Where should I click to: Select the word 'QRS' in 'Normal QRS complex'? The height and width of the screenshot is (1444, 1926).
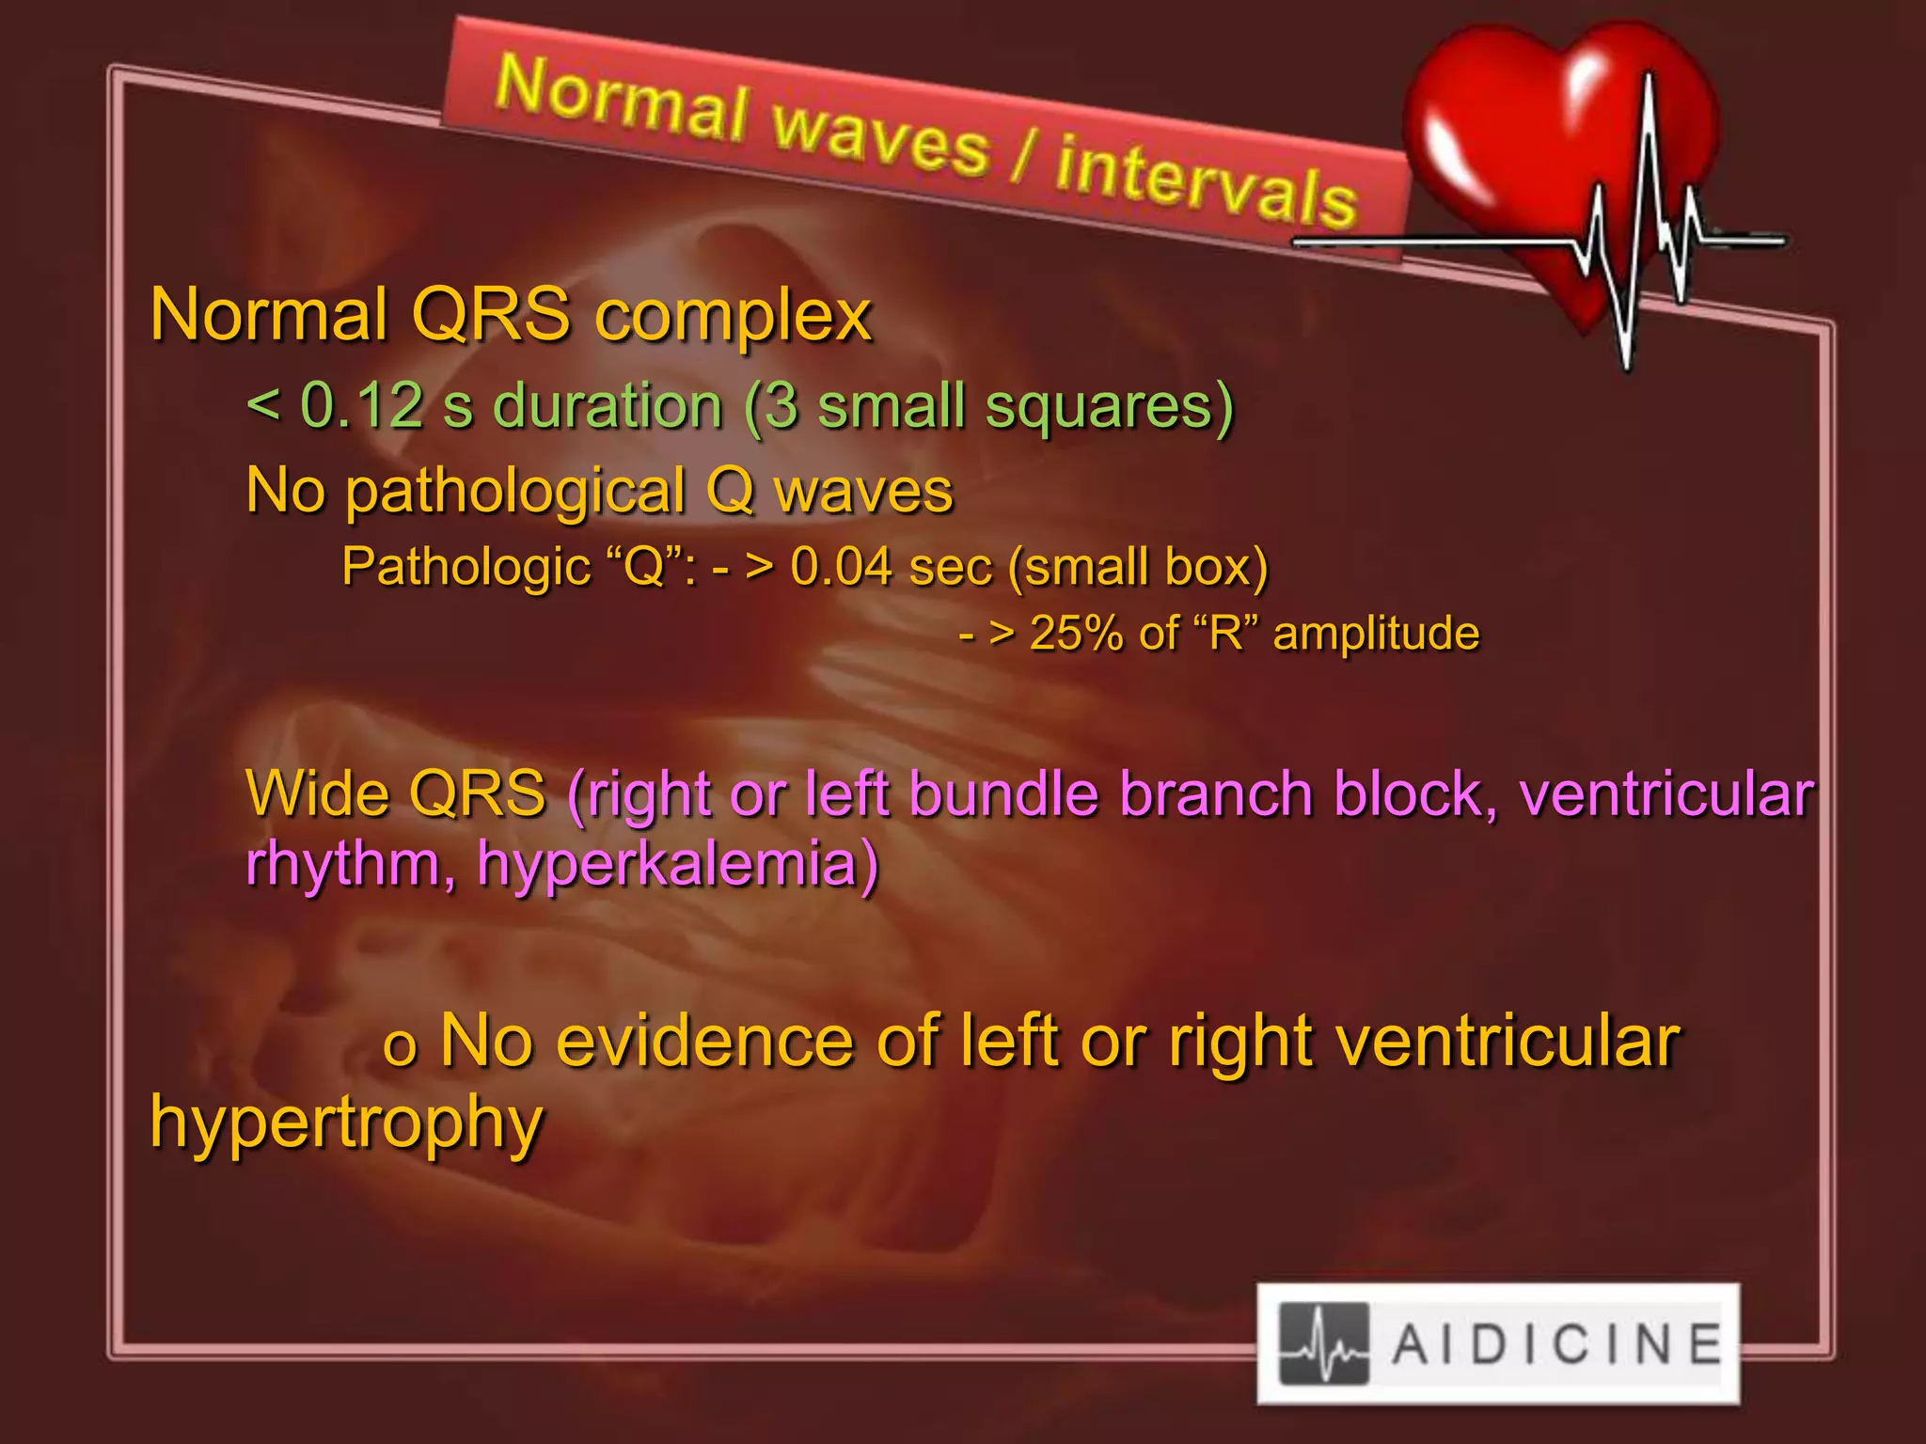click(491, 314)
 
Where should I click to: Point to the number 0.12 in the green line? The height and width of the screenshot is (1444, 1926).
click(361, 406)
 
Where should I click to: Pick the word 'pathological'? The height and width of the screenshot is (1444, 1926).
click(515, 493)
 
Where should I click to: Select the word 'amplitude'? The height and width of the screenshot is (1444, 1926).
click(1376, 634)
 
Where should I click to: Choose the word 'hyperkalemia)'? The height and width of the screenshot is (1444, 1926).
click(677, 863)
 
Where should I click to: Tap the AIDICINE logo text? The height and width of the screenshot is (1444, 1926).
click(1556, 1344)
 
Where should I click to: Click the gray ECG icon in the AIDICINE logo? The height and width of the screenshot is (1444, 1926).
click(1324, 1344)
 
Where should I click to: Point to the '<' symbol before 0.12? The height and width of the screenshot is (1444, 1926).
click(262, 406)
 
